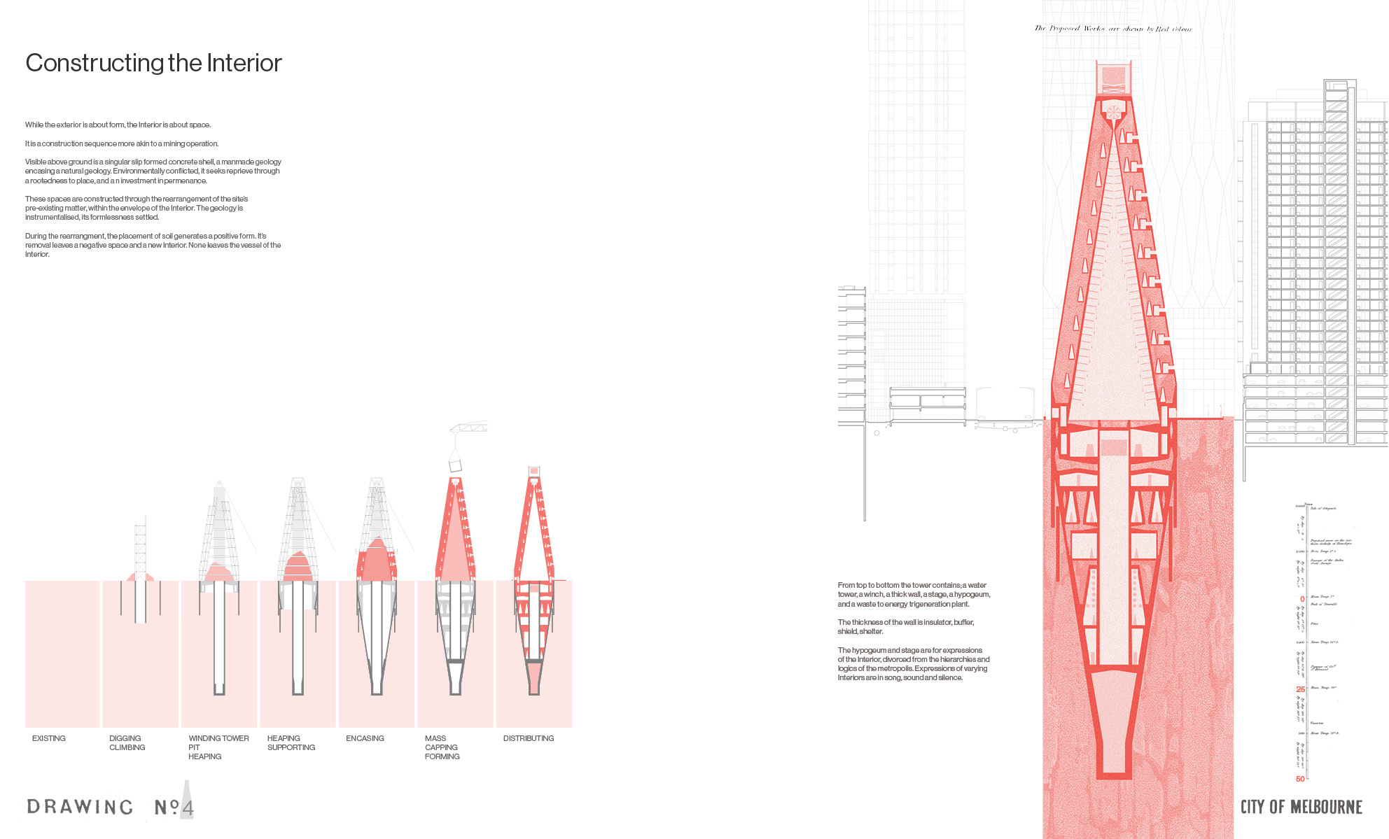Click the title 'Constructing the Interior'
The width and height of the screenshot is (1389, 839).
[153, 63]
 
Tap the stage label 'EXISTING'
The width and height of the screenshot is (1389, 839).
[49, 738]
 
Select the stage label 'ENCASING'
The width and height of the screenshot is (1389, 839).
[365, 738]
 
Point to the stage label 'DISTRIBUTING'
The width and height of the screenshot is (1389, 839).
[529, 738]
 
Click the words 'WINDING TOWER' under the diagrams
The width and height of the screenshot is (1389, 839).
[218, 738]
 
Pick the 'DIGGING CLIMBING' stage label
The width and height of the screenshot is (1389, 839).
[127, 743]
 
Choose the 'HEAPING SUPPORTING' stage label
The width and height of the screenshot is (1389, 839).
[291, 743]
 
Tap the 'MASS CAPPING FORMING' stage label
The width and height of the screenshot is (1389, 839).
[442, 747]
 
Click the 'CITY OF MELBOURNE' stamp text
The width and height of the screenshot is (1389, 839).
[1301, 807]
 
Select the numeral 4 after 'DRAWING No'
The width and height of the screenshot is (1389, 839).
[187, 808]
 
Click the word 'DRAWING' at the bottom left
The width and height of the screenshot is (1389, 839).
[80, 807]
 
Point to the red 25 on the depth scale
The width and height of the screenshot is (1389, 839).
[1300, 689]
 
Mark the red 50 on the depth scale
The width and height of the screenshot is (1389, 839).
[1300, 779]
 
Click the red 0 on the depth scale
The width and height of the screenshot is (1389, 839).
[1302, 599]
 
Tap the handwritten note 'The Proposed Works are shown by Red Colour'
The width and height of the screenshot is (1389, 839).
[1113, 29]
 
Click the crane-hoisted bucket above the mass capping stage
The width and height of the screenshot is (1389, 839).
[455, 465]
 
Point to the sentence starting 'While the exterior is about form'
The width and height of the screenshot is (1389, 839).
[118, 125]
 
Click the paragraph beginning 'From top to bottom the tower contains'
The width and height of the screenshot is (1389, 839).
[914, 594]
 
